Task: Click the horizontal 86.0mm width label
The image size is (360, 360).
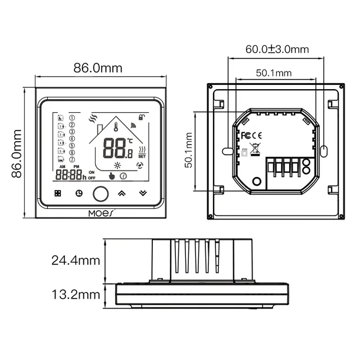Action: tap(98, 68)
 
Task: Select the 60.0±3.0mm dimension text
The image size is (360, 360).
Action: tap(277, 50)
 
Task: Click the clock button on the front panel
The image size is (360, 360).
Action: tap(78, 193)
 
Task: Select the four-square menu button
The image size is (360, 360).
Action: tap(57, 193)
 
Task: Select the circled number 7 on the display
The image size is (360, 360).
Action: tap(72, 159)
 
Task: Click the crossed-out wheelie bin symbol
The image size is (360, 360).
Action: tap(255, 149)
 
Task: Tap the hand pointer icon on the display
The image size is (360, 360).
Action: tap(112, 175)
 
